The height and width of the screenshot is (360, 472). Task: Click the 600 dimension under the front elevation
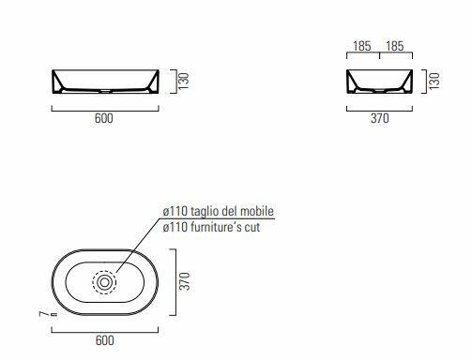pyautogui.click(x=104, y=118)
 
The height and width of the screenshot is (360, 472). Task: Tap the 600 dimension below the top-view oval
pyautogui.click(x=104, y=340)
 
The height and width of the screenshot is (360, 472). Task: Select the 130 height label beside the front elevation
pyautogui.click(x=184, y=82)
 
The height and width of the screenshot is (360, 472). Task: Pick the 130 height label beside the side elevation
pyautogui.click(x=434, y=82)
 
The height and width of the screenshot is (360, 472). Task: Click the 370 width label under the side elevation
pyautogui.click(x=380, y=118)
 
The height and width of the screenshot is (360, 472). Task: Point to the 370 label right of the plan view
pyautogui.click(x=185, y=281)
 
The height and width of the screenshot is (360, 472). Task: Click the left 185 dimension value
pyautogui.click(x=362, y=46)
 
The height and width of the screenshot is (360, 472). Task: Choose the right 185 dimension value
pyautogui.click(x=395, y=46)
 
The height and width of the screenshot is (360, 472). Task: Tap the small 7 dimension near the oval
pyautogui.click(x=44, y=313)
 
